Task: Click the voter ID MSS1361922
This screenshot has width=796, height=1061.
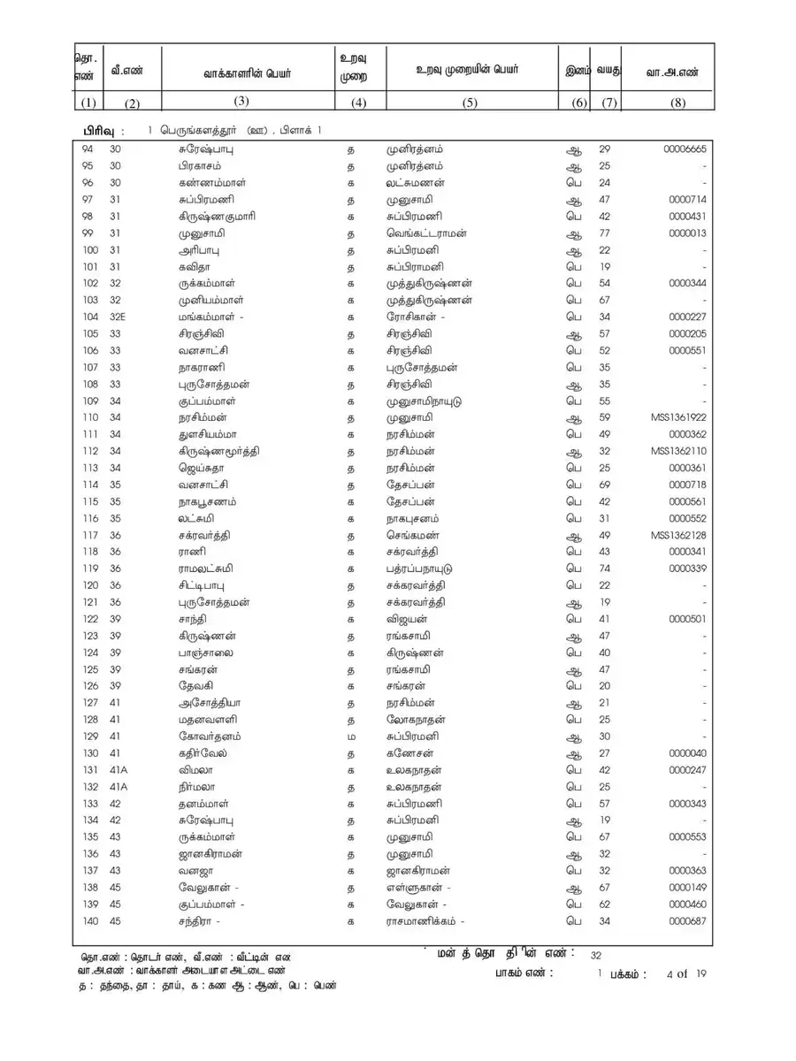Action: tap(677, 417)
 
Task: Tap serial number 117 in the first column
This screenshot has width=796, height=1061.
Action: tap(89, 535)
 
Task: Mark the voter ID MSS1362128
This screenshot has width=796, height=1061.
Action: tap(677, 535)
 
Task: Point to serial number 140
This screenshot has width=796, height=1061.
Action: tap(89, 921)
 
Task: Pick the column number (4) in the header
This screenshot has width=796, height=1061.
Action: tap(358, 103)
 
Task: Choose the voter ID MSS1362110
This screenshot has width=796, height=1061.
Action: tap(677, 451)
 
